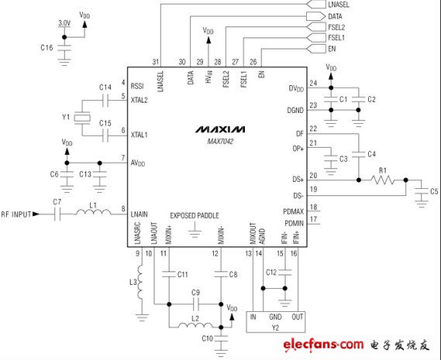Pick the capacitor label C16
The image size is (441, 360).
(47, 47)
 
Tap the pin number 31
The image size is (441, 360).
(156, 62)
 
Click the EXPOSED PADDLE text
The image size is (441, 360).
(195, 215)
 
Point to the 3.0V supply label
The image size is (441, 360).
(65, 23)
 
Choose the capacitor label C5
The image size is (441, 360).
(433, 190)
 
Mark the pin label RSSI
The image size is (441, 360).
(139, 86)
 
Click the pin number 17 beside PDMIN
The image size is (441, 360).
(314, 220)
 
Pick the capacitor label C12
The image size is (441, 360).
(271, 273)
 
